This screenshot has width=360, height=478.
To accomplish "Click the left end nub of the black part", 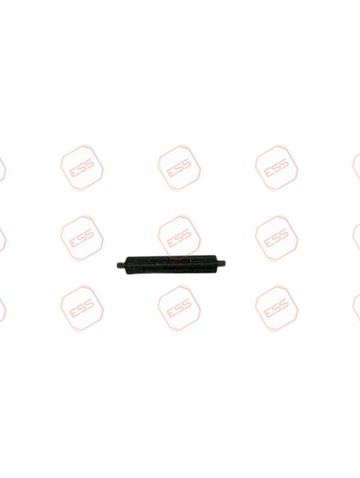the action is [x=121, y=264].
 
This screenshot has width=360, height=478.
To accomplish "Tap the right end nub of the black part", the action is [x=221, y=263].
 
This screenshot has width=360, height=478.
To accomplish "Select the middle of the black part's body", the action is [x=171, y=264].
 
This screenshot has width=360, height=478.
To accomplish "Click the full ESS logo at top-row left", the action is [x=82, y=168].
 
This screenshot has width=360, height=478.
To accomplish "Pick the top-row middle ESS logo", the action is [x=180, y=168].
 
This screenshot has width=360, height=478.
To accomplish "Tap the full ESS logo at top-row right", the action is [x=277, y=168].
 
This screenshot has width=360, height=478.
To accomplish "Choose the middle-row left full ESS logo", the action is [x=82, y=238].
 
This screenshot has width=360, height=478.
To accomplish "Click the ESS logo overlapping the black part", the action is [x=180, y=238].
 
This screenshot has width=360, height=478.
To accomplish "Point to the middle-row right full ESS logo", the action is [x=277, y=238].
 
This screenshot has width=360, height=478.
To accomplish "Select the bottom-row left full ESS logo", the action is [x=82, y=308].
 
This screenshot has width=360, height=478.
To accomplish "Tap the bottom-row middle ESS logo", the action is [x=180, y=308].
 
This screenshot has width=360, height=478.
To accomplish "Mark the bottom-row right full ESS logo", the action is [x=277, y=308].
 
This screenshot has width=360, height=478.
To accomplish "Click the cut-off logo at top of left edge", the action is [x=2, y=169].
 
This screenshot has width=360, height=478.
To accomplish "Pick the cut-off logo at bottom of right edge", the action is [x=356, y=307].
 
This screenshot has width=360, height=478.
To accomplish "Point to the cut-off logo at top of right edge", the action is [x=356, y=167].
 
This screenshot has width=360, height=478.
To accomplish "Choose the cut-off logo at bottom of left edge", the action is [x=2, y=310].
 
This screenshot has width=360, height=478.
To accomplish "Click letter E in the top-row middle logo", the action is [x=171, y=172].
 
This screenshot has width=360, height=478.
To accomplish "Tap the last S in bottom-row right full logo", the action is [x=283, y=304].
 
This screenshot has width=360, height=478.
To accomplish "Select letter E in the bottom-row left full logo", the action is [x=74, y=312].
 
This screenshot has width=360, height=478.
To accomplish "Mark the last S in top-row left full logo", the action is [x=89, y=163].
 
